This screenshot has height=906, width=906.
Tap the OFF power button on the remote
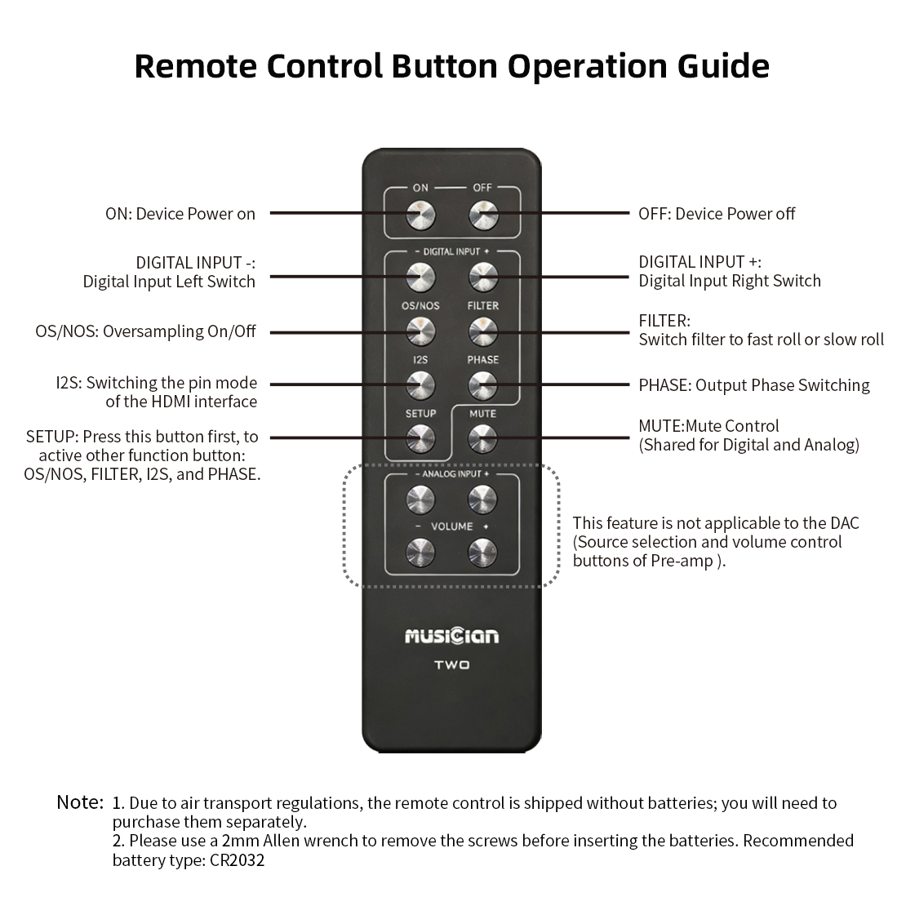pos(483,215)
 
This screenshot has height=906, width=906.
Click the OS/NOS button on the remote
pos(420,332)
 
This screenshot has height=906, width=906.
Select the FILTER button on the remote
pos(483,332)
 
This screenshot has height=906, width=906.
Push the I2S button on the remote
pos(420,385)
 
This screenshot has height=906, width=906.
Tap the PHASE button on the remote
pos(483,385)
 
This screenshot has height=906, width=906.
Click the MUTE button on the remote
pos(483,439)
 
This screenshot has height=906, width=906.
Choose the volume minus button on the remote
pos(420,553)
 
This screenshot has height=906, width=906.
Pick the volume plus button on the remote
pos(483,553)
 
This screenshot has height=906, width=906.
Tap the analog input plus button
pos(483,500)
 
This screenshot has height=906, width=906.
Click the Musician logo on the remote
pos(452,636)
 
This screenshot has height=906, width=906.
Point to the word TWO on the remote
pos(452,665)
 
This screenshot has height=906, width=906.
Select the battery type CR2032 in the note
pos(237,860)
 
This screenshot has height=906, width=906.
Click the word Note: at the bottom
pos(80,802)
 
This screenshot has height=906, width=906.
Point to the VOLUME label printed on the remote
pos(452,526)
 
